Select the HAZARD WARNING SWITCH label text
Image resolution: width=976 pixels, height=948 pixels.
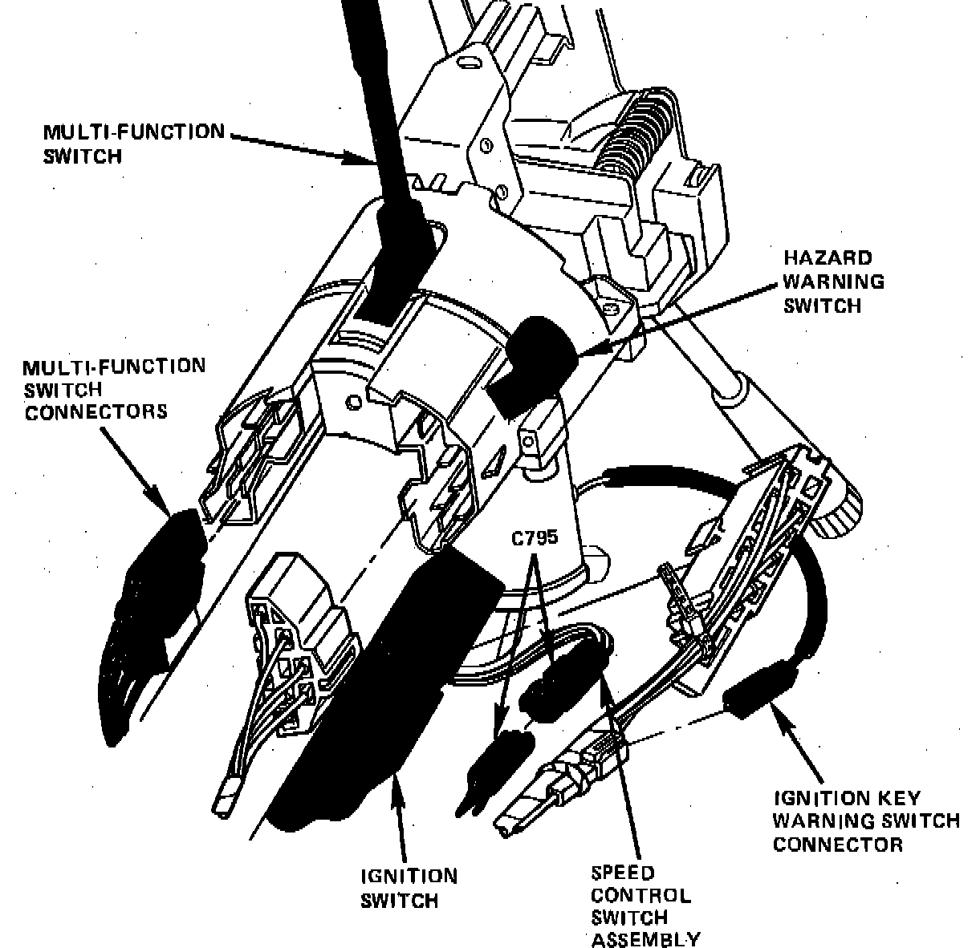coord(833,282)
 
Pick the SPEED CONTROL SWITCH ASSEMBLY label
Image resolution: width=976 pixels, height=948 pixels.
coord(645,906)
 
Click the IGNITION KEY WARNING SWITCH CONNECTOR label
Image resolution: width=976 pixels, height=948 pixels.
coord(865,821)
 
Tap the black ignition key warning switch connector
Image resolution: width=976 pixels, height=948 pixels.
coord(754,690)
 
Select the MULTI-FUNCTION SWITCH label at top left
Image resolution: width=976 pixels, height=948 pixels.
coord(133,143)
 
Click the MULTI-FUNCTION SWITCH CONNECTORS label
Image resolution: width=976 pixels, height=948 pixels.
coord(113,389)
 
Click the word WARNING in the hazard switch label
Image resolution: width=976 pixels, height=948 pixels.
coord(833,282)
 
